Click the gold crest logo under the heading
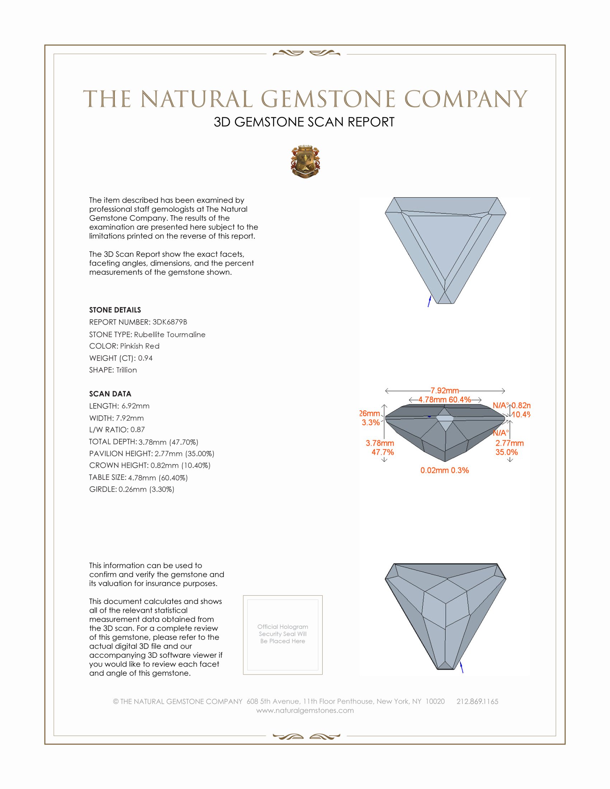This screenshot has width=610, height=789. (305, 162)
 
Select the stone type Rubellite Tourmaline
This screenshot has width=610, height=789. (169, 335)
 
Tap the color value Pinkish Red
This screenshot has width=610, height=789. (140, 346)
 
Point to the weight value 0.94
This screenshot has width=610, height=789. (145, 358)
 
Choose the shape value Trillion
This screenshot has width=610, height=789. (126, 370)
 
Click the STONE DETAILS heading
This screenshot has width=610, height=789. (115, 310)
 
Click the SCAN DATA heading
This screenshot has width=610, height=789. (110, 394)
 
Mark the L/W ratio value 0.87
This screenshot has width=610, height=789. (137, 430)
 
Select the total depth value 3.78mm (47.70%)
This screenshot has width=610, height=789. (168, 442)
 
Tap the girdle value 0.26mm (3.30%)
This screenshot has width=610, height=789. (146, 489)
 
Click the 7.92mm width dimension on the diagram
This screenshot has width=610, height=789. (445, 391)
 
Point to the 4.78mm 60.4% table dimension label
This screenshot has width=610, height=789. (445, 400)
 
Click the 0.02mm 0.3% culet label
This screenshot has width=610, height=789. (445, 471)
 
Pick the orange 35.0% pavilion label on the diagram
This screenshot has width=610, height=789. (506, 452)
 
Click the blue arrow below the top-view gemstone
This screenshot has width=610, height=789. (429, 301)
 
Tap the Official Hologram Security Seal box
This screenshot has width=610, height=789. (283, 635)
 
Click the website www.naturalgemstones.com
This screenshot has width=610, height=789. (305, 710)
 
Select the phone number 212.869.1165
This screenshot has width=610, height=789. (477, 701)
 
